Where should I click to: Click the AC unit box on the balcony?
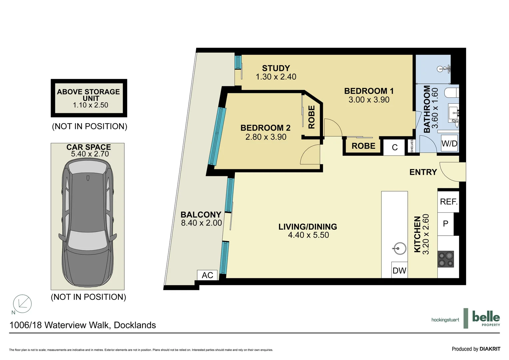tap(207, 275)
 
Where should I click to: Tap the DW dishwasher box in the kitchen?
tap(399, 270)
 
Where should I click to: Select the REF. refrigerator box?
tap(448, 202)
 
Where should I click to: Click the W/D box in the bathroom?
tap(449, 143)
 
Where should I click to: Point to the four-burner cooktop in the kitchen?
tap(446, 259)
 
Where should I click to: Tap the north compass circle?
tap(22, 304)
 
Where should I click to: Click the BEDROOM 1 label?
tap(369, 91)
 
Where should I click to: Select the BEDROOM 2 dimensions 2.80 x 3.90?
tap(266, 137)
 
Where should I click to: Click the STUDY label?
tap(276, 68)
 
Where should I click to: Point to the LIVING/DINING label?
tap(308, 227)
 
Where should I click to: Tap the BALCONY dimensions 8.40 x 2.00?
tap(201, 223)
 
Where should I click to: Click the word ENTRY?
tap(423, 172)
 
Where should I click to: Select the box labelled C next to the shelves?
tap(395, 147)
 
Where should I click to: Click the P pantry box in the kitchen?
tap(446, 224)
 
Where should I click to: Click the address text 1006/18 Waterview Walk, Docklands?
tap(83, 325)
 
